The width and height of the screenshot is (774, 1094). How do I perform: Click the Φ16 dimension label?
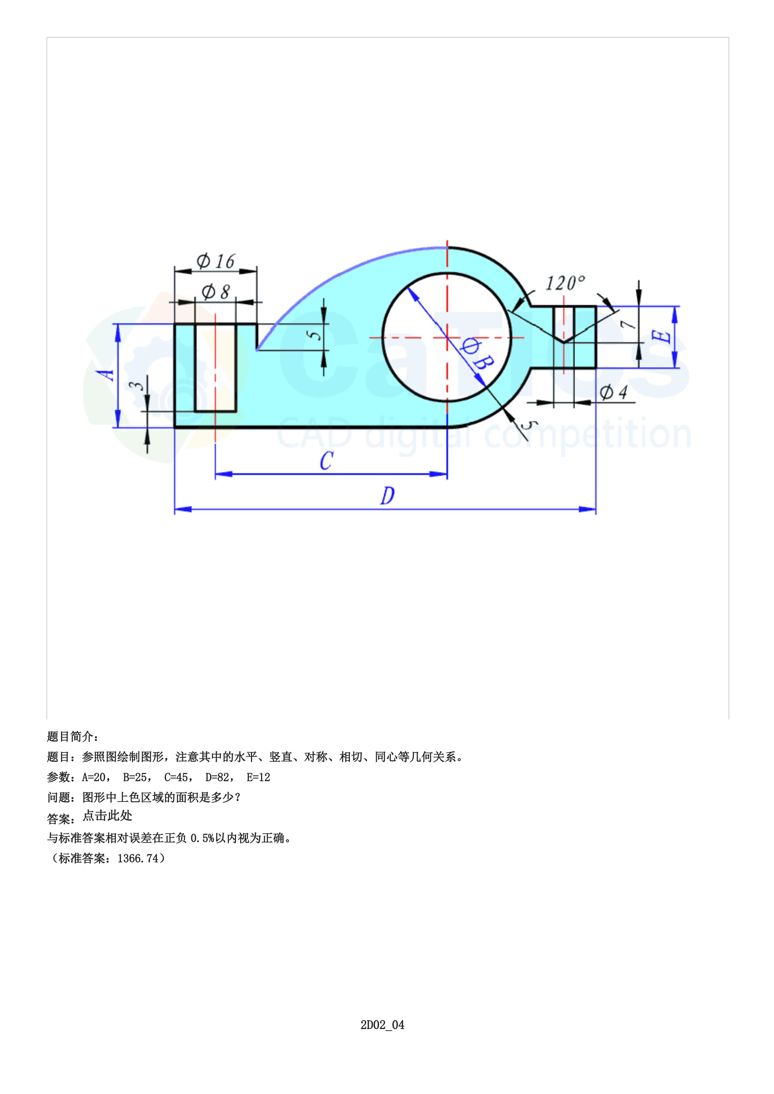coord(216,261)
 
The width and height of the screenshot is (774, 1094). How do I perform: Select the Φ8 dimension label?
coord(216,291)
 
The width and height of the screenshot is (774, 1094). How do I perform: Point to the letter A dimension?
coord(109,375)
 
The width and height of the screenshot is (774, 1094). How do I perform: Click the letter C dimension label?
coord(326,461)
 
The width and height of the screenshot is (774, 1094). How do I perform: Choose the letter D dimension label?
coord(387,496)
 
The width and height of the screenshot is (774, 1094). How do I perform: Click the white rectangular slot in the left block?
coord(216,367)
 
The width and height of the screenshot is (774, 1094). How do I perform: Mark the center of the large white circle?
coord(447,337)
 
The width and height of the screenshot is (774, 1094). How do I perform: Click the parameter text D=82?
coord(218,777)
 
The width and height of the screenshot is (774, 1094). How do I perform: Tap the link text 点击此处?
coord(107,816)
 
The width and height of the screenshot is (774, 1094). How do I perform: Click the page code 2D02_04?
coord(382,1025)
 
